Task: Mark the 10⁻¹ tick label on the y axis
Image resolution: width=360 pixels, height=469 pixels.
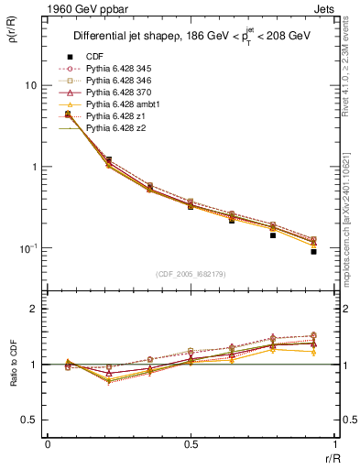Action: click(28, 248)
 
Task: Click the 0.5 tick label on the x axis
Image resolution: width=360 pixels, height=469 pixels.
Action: click(190, 444)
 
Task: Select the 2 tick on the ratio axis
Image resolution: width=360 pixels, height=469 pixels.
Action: click(35, 309)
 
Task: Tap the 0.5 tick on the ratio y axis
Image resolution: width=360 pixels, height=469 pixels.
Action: click(29, 420)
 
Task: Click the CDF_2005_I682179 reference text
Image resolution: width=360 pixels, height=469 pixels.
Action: click(190, 274)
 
